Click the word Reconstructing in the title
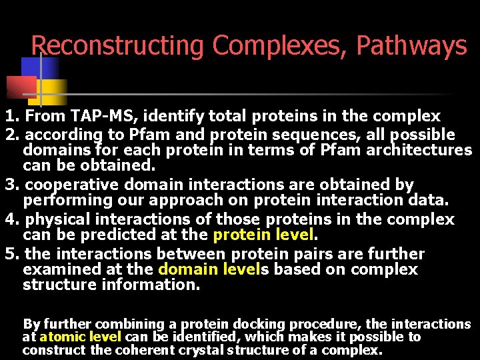(x=117, y=46)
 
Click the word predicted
(x=121, y=235)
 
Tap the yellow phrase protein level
(x=262, y=235)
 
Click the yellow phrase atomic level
(x=80, y=337)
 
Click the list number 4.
(x=10, y=219)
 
